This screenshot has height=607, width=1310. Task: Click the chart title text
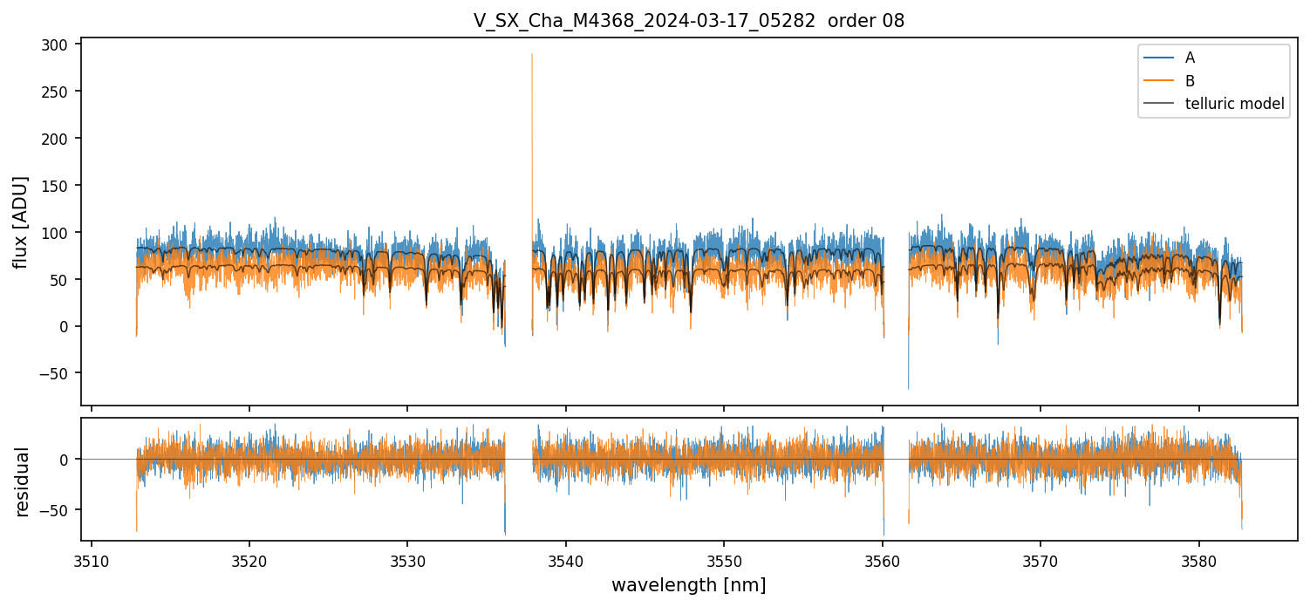click(689, 21)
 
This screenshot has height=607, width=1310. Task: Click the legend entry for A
click(1190, 58)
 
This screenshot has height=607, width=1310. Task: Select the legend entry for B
click(1190, 81)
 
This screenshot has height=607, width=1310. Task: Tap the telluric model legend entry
click(1234, 104)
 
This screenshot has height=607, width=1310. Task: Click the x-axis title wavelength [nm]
click(688, 585)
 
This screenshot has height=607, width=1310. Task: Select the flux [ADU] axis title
click(21, 222)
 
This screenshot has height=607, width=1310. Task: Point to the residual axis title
click(21, 481)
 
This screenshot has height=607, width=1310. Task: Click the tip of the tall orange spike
click(532, 54)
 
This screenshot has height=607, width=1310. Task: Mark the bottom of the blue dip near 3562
click(908, 388)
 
